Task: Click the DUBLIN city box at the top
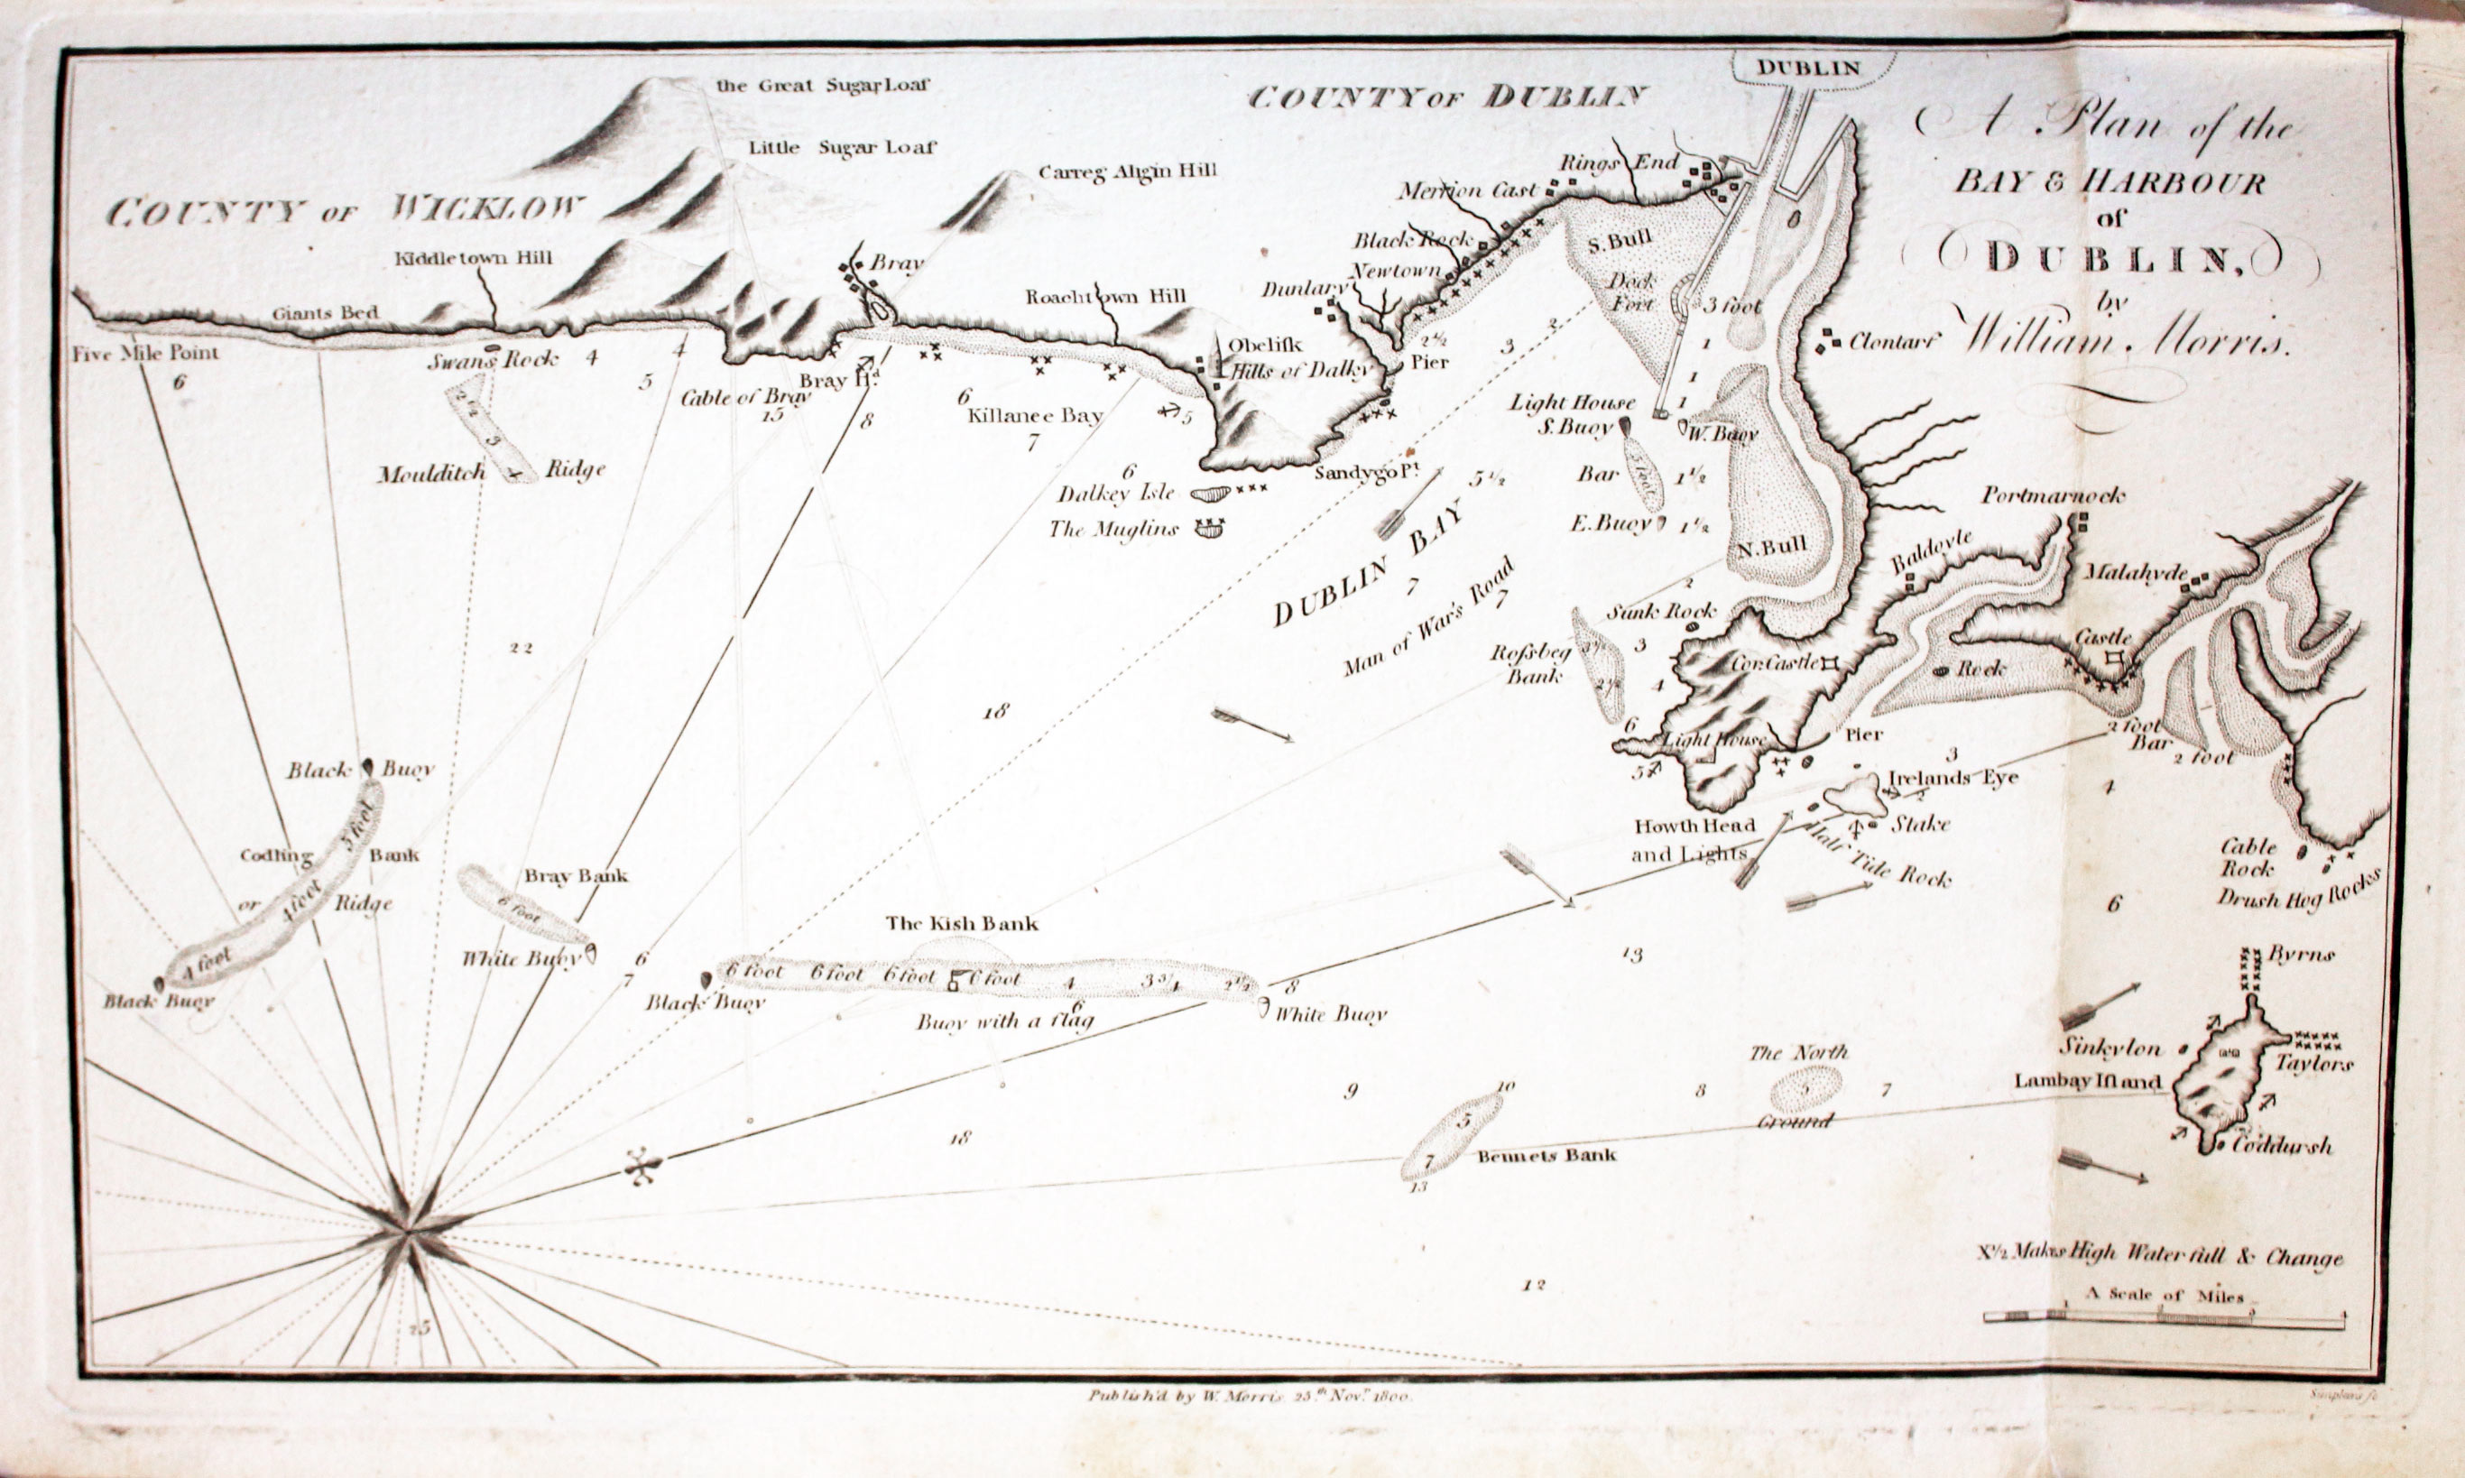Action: [1807, 69]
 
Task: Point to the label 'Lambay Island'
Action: [2087, 1081]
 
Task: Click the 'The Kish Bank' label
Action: [962, 923]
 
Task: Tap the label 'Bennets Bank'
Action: [1546, 1155]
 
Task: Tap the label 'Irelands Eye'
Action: [1953, 777]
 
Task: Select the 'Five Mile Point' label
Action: [145, 353]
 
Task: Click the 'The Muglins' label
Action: [1112, 529]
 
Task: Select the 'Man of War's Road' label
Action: [1428, 616]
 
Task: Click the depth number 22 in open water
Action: [520, 649]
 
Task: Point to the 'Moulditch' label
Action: [431, 473]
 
